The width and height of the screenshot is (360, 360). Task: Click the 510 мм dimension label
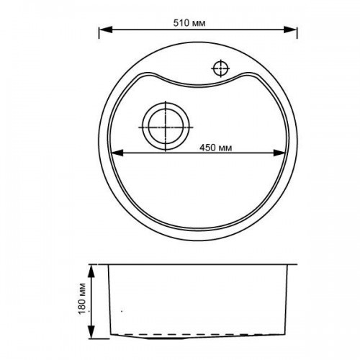(189, 23)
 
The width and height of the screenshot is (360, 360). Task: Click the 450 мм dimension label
(216, 148)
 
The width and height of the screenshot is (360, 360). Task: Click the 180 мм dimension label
(82, 299)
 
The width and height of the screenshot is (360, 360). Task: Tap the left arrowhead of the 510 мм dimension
(106, 30)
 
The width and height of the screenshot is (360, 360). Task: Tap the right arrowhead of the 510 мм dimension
(290, 30)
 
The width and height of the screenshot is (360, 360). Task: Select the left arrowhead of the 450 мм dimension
(117, 153)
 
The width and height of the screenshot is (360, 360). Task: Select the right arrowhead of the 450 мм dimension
(279, 153)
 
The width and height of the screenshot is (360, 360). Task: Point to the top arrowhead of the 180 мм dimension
(91, 271)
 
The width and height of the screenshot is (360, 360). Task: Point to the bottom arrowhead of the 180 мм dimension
(91, 332)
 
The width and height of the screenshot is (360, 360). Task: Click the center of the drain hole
(166, 127)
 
